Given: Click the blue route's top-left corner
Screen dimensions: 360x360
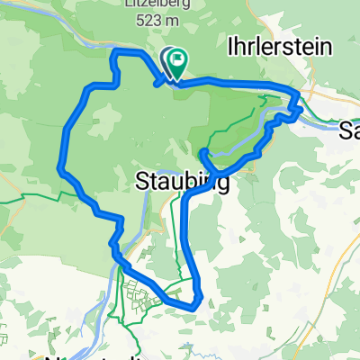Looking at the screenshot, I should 113,55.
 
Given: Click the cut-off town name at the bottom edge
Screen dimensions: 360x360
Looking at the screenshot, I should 90,355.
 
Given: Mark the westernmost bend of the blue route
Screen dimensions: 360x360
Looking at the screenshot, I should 60,166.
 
